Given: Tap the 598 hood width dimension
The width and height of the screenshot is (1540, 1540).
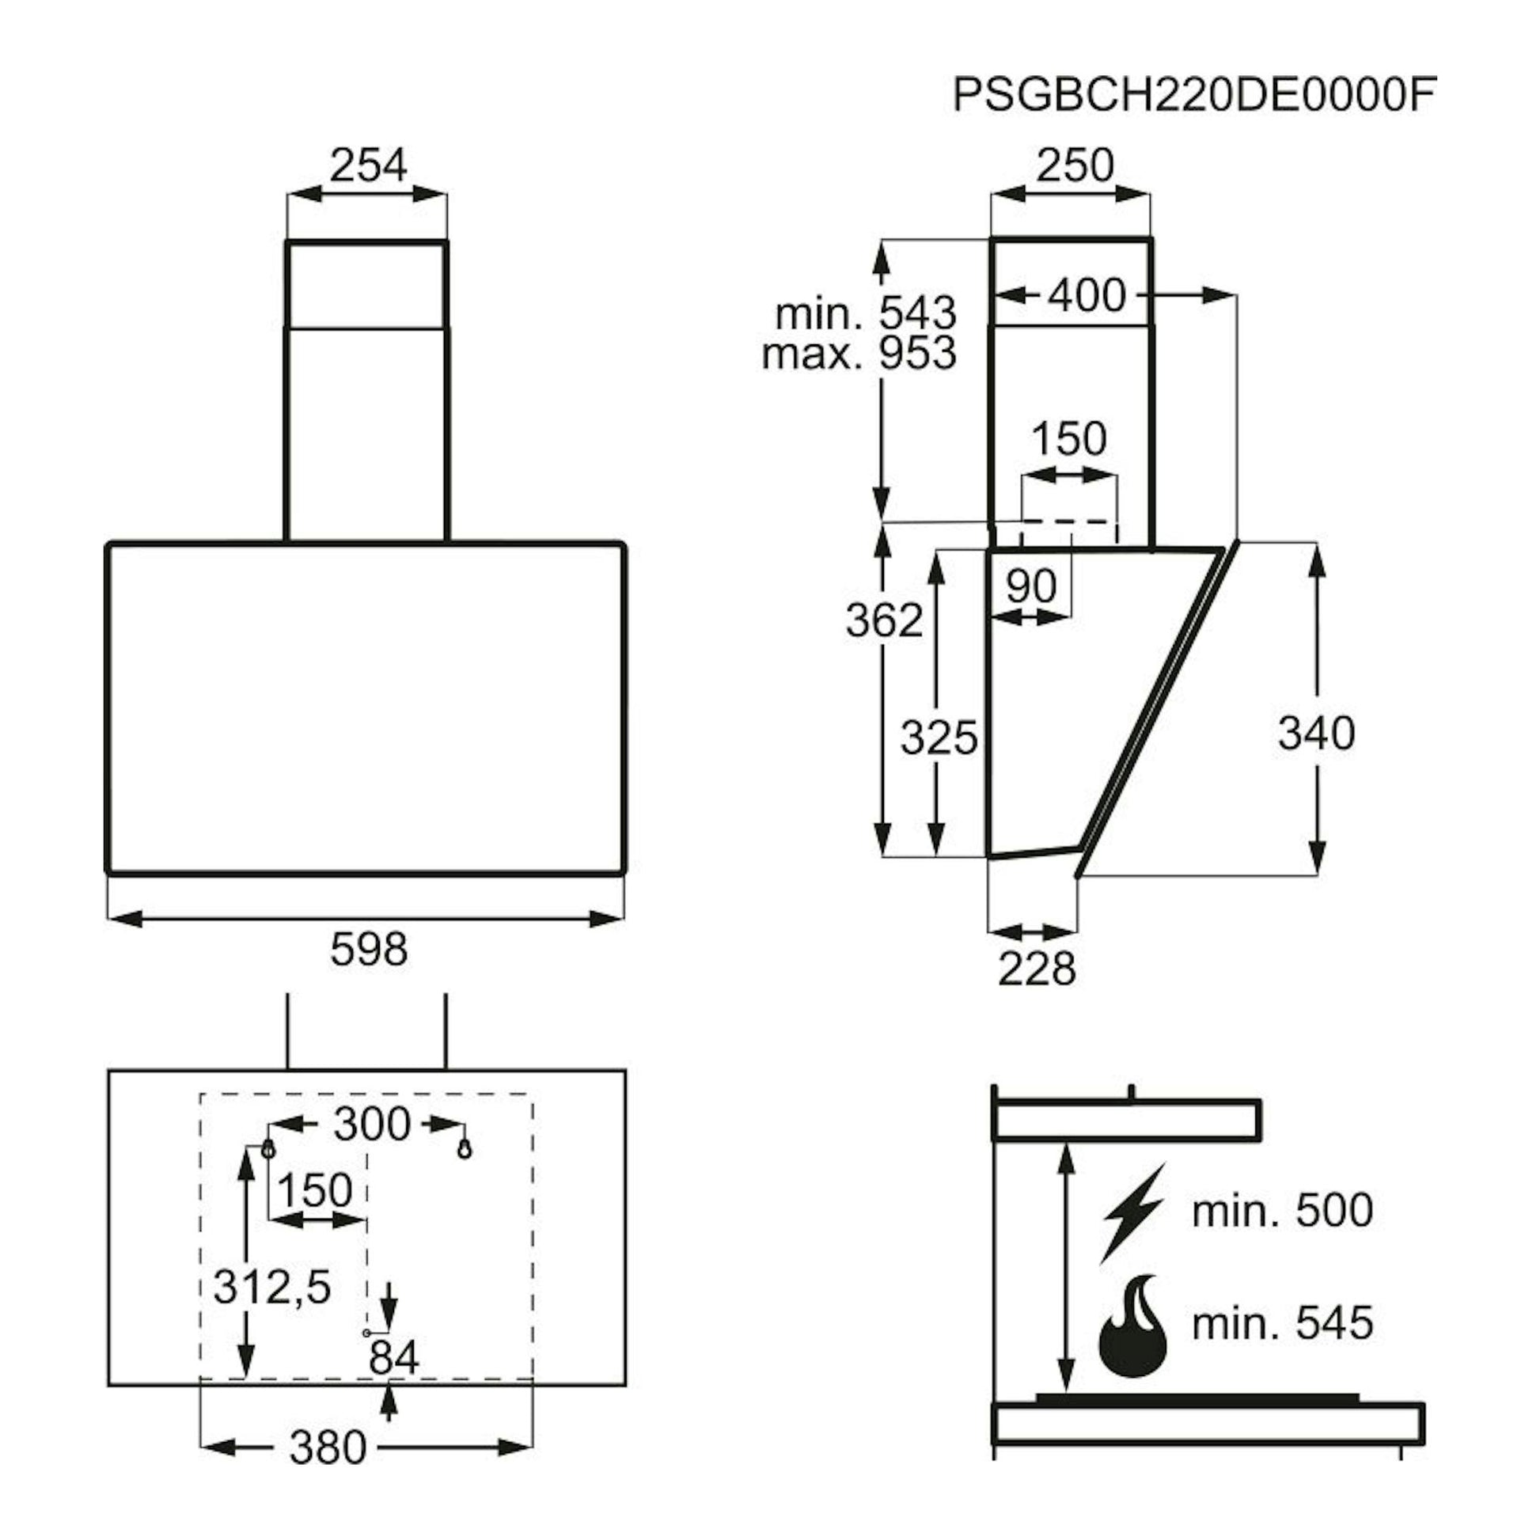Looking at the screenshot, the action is pyautogui.click(x=368, y=949).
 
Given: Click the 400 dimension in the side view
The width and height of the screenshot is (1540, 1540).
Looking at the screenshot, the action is pyautogui.click(x=1086, y=296).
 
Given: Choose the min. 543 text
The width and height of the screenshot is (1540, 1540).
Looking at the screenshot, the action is pyautogui.click(x=866, y=313).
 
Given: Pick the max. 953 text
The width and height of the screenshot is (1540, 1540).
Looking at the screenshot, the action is pyautogui.click(x=859, y=353).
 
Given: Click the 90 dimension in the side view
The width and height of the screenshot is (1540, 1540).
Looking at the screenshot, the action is pyautogui.click(x=1030, y=586).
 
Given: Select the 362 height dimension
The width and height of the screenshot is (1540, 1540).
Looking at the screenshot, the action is pyautogui.click(x=884, y=620).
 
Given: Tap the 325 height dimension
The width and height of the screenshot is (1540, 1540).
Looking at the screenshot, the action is pyautogui.click(x=939, y=738).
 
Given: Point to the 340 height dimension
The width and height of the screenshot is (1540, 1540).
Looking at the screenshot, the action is pyautogui.click(x=1316, y=733).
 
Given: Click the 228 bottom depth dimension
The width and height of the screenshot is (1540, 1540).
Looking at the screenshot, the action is pyautogui.click(x=1036, y=969).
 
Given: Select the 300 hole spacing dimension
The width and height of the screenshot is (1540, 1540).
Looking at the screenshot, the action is pyautogui.click(x=372, y=1124).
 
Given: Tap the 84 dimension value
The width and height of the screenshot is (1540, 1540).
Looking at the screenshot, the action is pyautogui.click(x=394, y=1356).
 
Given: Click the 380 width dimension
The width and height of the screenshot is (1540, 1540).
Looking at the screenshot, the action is pyautogui.click(x=328, y=1447).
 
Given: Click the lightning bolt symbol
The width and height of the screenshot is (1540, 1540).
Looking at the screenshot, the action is pyautogui.click(x=1133, y=1212).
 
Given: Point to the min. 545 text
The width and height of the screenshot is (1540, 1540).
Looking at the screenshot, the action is pyautogui.click(x=1283, y=1323).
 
